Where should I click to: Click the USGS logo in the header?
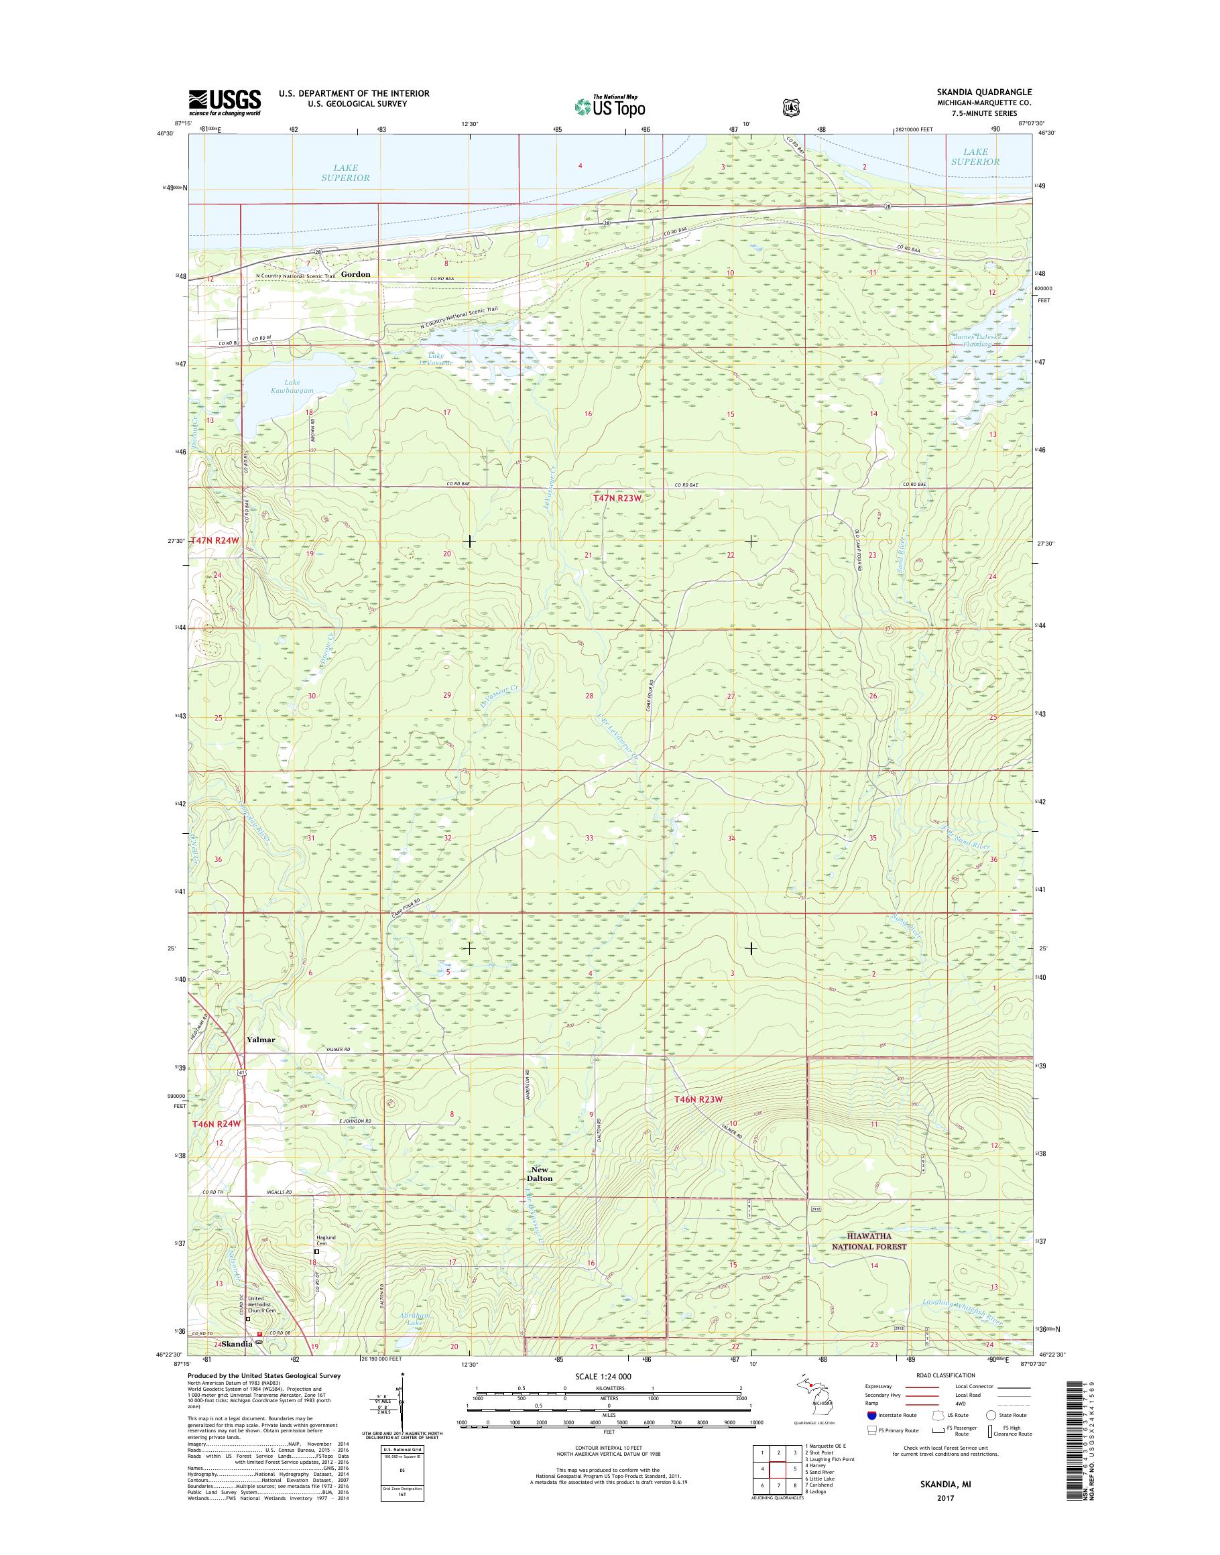(225, 102)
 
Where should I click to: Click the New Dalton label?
(541, 1174)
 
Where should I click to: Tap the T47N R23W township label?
(619, 500)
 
